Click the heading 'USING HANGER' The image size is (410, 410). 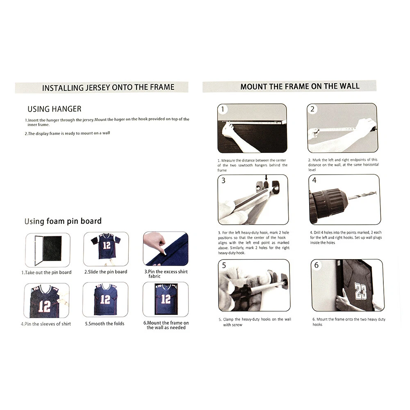55,109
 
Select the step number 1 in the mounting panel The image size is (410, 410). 223,109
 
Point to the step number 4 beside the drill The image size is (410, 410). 314,180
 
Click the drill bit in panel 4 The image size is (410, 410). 362,196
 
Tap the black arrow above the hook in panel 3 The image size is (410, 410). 266,178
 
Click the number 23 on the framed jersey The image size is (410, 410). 360,291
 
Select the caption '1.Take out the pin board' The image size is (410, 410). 46,272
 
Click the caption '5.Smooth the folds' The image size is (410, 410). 105,323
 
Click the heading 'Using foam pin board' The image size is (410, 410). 63,221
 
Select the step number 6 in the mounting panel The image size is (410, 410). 317,265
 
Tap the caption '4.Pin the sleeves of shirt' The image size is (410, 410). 46,324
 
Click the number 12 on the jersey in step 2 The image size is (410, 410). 107,245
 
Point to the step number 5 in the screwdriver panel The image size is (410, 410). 224,265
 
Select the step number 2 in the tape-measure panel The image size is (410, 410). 312,109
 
